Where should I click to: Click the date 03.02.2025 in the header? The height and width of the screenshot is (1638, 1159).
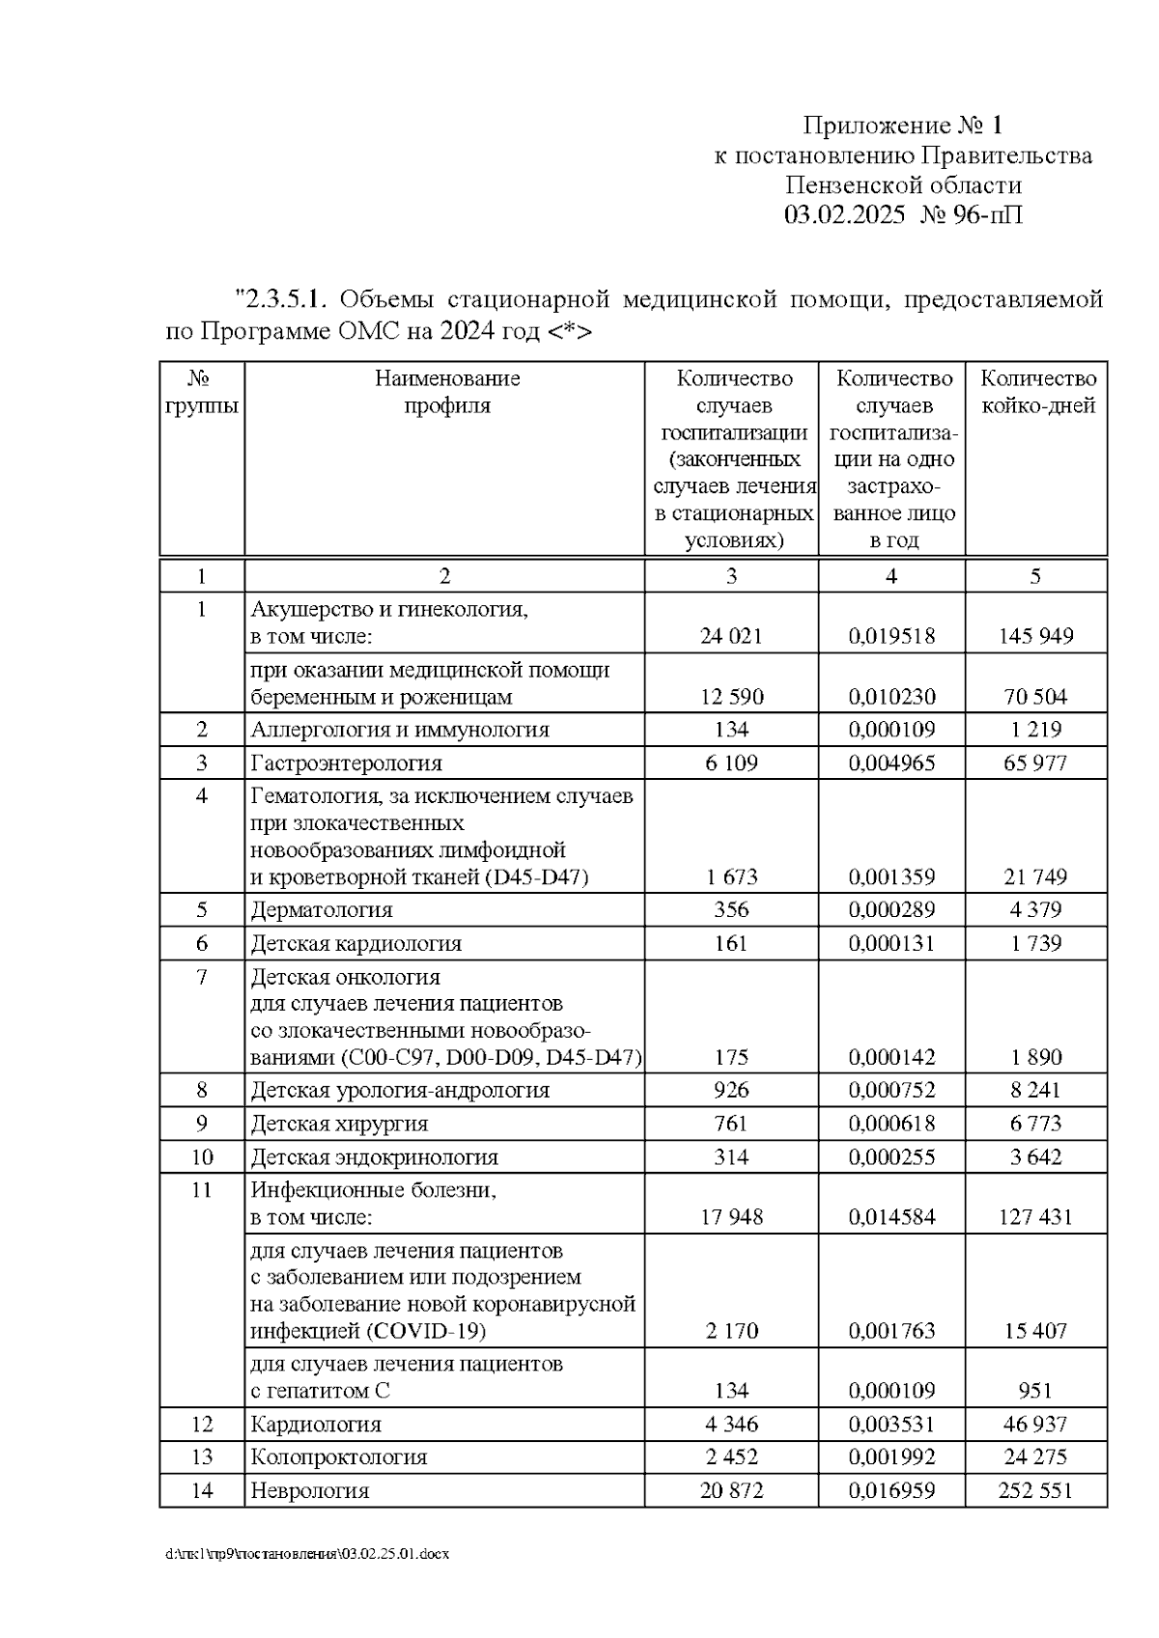point(844,214)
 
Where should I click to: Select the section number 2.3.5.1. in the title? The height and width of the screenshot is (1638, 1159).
point(285,298)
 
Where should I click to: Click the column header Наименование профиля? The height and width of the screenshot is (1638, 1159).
point(446,391)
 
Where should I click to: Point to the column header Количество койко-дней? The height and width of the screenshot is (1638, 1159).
point(1037,391)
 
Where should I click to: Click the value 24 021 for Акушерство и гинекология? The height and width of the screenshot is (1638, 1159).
point(731,636)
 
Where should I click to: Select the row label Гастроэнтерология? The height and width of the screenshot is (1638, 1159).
point(346,763)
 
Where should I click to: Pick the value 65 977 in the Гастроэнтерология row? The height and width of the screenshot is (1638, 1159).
point(1035,763)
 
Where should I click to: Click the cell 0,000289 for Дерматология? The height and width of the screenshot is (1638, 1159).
point(891,909)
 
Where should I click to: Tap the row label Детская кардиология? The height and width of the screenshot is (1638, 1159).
point(355,943)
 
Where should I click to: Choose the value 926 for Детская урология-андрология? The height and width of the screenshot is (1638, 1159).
point(731,1090)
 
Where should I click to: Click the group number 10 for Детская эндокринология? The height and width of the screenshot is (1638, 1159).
point(202,1156)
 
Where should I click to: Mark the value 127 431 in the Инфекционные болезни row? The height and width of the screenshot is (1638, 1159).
point(1035,1217)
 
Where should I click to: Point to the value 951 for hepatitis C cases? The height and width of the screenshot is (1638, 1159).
point(1035,1391)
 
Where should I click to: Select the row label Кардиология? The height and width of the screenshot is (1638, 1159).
point(316,1424)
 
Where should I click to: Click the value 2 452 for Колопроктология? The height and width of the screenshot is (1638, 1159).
point(731,1457)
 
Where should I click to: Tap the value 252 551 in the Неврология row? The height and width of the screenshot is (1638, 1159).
point(1035,1490)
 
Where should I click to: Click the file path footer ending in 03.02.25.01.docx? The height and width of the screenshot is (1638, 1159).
point(306,1554)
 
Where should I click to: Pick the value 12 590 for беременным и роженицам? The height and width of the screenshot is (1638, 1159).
point(731,697)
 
